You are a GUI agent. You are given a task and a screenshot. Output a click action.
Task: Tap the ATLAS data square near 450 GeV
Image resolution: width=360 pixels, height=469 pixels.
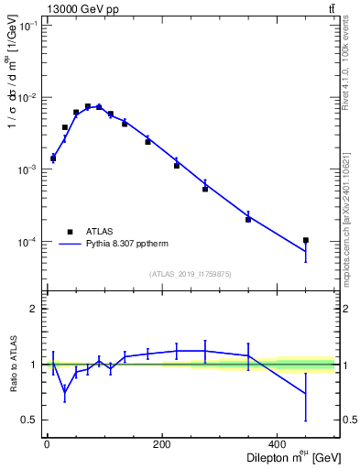pyautogui.click(x=306, y=240)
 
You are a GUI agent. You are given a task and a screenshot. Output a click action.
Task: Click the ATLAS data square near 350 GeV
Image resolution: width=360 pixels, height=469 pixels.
pyautogui.click(x=248, y=219)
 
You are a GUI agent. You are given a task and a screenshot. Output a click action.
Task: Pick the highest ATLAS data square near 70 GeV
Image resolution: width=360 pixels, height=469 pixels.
pyautogui.click(x=88, y=106)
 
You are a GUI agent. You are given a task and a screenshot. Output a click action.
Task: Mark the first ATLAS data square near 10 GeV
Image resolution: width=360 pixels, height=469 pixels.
pyautogui.click(x=53, y=158)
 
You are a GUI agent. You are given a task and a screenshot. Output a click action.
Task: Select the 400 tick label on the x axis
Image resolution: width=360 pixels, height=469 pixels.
pyautogui.click(x=278, y=444)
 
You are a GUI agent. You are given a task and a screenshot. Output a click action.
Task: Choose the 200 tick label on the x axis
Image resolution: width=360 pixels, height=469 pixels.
pyautogui.click(x=162, y=444)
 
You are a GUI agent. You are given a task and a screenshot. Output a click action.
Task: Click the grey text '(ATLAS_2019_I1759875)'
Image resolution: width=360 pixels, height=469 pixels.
pyautogui.click(x=191, y=273)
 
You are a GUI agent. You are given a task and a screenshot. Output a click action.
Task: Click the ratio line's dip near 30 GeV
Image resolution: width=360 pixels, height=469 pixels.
pyautogui.click(x=64, y=394)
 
